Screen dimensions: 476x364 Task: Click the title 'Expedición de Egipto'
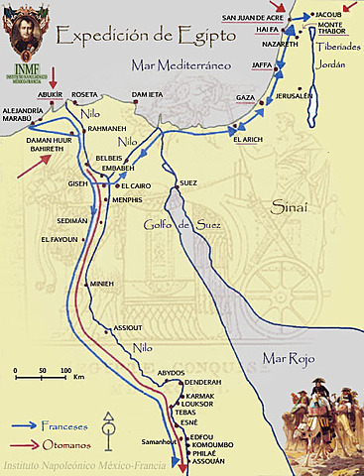tap(146, 37)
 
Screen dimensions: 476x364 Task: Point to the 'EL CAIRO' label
tap(137, 185)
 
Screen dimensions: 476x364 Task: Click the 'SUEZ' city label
tap(188, 183)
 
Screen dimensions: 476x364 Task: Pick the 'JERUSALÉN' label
tap(295, 95)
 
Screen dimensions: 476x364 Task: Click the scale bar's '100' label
tap(65, 370)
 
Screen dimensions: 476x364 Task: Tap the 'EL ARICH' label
tap(248, 140)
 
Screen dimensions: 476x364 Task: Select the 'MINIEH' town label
tap(103, 283)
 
